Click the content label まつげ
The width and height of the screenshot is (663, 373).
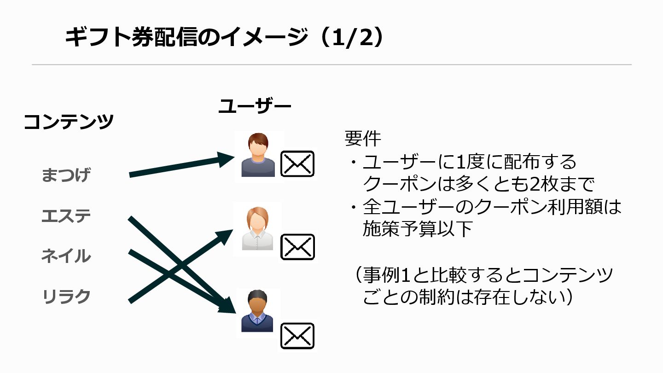pyautogui.click(x=66, y=175)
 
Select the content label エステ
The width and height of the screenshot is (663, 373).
pyautogui.click(x=66, y=216)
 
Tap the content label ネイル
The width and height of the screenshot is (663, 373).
pyautogui.click(x=66, y=256)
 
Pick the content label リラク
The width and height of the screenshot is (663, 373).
pyautogui.click(x=66, y=297)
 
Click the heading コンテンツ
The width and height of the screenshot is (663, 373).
pyautogui.click(x=69, y=122)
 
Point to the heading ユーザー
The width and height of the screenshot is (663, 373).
pyautogui.click(x=255, y=106)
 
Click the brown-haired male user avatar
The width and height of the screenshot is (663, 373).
pyautogui.click(x=258, y=156)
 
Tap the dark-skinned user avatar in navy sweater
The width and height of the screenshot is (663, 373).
pyautogui.click(x=258, y=311)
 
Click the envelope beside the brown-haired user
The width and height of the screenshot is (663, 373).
pyautogui.click(x=297, y=164)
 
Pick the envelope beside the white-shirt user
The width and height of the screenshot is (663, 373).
pyautogui.click(x=297, y=247)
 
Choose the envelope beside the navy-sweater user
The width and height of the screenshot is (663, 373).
pyautogui.click(x=297, y=335)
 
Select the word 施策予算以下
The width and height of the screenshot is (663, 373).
pyautogui.click(x=418, y=229)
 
